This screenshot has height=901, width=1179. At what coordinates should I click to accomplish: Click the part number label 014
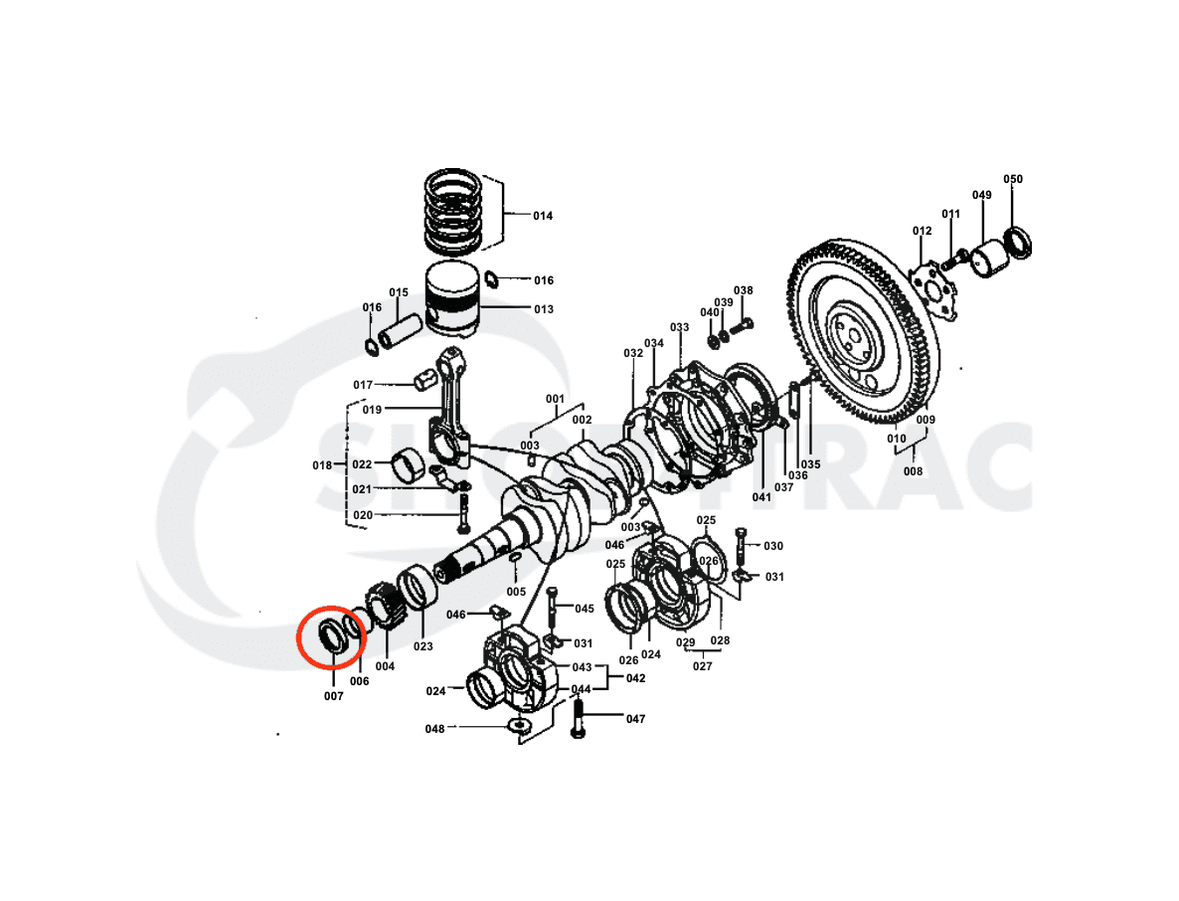pyautogui.click(x=542, y=216)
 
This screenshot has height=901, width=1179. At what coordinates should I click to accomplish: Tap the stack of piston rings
pyautogui.click(x=453, y=212)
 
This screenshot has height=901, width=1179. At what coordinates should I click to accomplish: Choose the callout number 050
pyautogui.click(x=1012, y=180)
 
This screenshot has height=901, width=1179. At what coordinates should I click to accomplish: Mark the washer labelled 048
pyautogui.click(x=518, y=727)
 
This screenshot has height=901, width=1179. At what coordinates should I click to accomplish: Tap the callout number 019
pyautogui.click(x=372, y=409)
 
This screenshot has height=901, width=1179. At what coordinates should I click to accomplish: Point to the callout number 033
pyautogui.click(x=679, y=327)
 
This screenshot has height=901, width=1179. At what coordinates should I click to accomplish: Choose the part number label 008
pyautogui.click(x=913, y=473)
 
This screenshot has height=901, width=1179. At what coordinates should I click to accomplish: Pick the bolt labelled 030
pyautogui.click(x=741, y=545)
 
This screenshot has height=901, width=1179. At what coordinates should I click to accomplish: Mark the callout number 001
pyautogui.click(x=555, y=400)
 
